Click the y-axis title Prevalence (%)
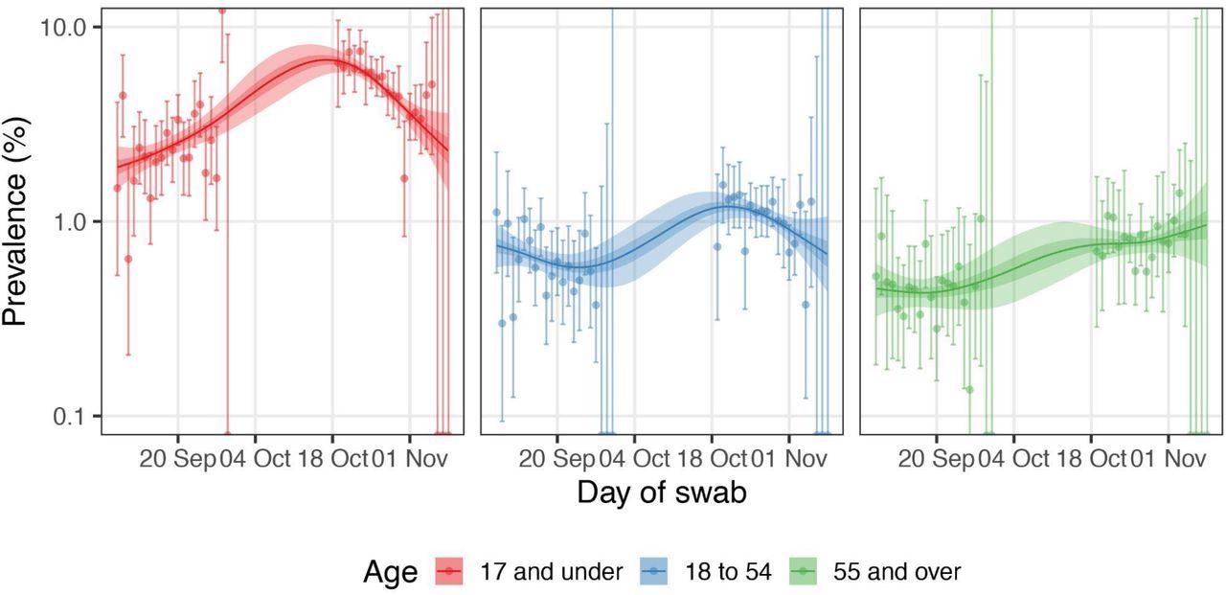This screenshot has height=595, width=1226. [x=16, y=221]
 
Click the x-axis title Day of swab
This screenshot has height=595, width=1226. [x=662, y=492]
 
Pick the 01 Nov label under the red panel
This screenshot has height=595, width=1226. [x=410, y=458]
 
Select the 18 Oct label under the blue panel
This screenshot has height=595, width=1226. [x=710, y=458]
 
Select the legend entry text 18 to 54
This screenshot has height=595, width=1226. [x=729, y=572]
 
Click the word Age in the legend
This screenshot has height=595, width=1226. [x=390, y=572]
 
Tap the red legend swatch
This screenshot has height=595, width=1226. [x=448, y=572]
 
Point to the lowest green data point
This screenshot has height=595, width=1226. [x=969, y=389]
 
